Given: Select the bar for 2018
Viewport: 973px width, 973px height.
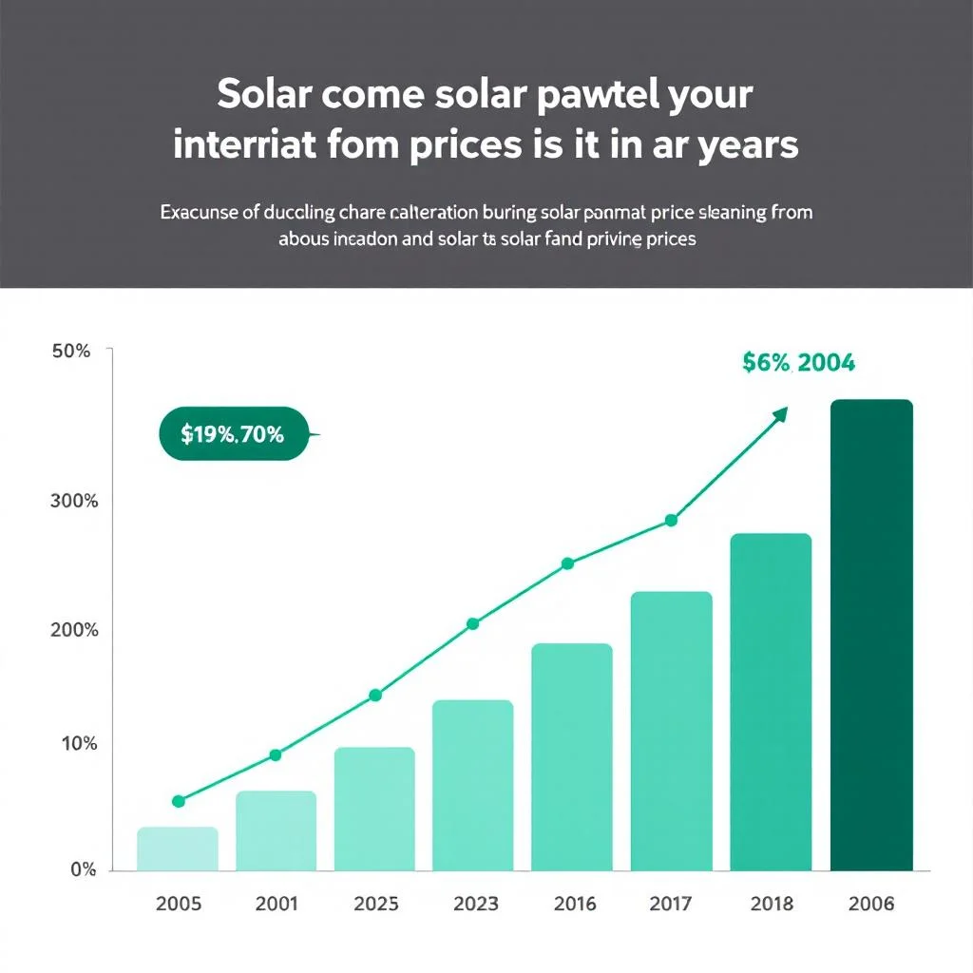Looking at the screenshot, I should point(771,702).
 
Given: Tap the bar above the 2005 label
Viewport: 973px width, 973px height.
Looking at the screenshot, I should point(178,849).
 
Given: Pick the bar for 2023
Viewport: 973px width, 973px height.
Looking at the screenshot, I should point(472,785).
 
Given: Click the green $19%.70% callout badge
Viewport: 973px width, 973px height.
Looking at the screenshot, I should point(234,434).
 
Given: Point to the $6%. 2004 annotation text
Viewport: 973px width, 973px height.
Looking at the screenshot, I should point(798,362).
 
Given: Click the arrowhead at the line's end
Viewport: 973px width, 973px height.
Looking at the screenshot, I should point(780,414).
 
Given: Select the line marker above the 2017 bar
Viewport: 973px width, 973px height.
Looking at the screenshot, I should point(671,520).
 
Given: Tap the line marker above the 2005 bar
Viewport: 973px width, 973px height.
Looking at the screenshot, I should point(178,801).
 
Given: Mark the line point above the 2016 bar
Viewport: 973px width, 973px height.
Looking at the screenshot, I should point(567,563).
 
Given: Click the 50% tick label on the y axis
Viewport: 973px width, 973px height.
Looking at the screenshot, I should point(71,352).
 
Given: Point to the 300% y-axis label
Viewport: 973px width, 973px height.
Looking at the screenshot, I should point(73,501).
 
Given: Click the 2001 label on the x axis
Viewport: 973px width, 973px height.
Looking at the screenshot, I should point(276,904).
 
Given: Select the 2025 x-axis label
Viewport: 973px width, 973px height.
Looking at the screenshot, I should point(376,904).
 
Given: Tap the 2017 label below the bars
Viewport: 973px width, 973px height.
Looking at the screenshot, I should point(671,904).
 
